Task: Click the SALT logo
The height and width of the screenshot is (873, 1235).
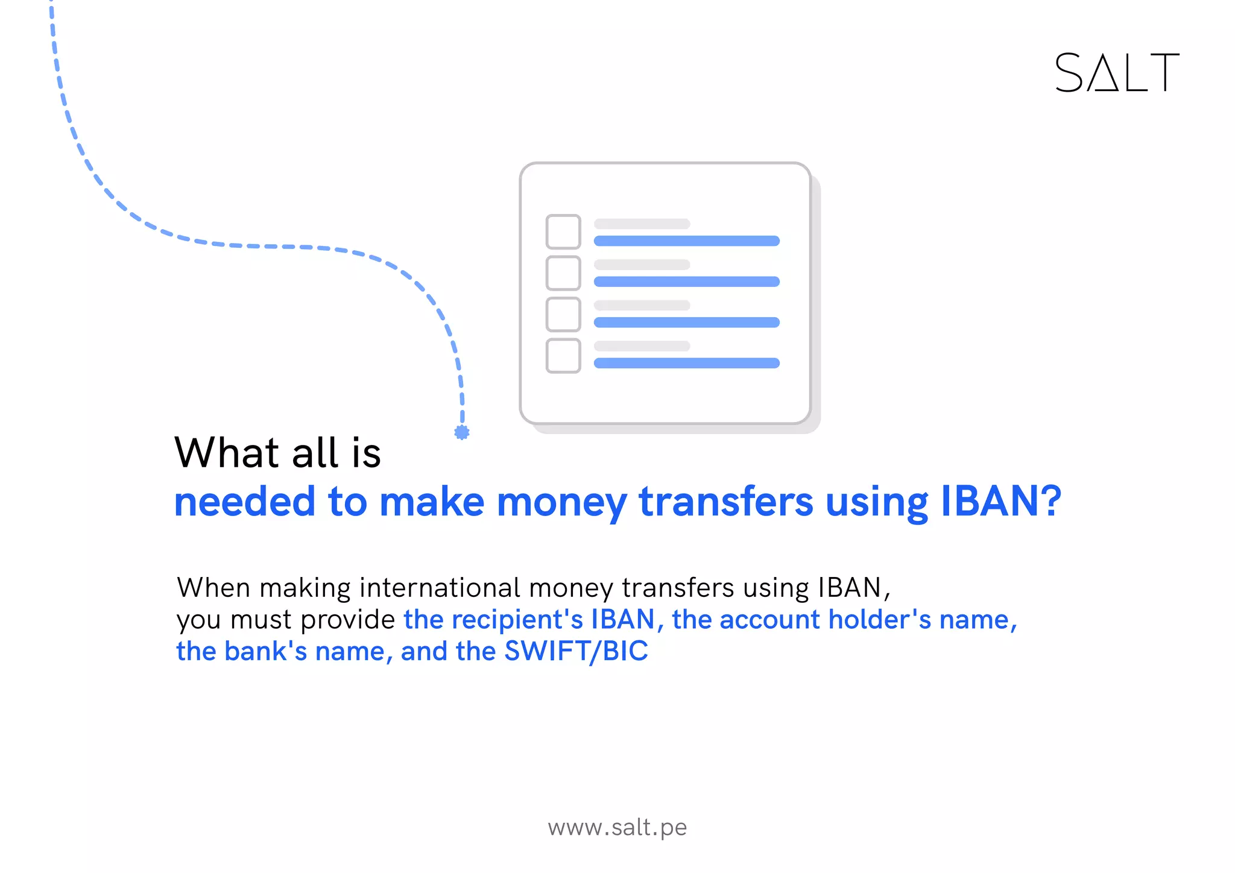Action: (x=1117, y=73)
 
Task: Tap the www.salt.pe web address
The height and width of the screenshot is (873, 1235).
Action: (x=617, y=827)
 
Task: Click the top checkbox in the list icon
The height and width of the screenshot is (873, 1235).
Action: (x=563, y=232)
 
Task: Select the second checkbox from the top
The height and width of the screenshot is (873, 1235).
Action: (x=563, y=273)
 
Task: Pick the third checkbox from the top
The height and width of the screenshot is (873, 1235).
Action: (x=563, y=314)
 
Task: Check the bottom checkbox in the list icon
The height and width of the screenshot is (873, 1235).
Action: (x=563, y=356)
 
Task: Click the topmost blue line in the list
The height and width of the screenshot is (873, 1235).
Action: (x=686, y=241)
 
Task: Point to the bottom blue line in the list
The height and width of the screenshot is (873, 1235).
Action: (x=686, y=363)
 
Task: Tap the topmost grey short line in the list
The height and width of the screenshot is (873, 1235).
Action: (x=642, y=224)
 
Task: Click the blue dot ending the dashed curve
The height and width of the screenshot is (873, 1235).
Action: (x=462, y=432)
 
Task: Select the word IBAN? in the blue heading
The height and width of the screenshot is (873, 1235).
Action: (x=1001, y=502)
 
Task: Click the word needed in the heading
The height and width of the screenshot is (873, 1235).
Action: (x=244, y=502)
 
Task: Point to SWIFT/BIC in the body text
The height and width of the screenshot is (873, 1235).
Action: (x=576, y=651)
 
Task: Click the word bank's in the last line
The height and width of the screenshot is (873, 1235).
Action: (x=266, y=651)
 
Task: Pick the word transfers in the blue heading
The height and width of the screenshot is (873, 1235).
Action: (x=726, y=502)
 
